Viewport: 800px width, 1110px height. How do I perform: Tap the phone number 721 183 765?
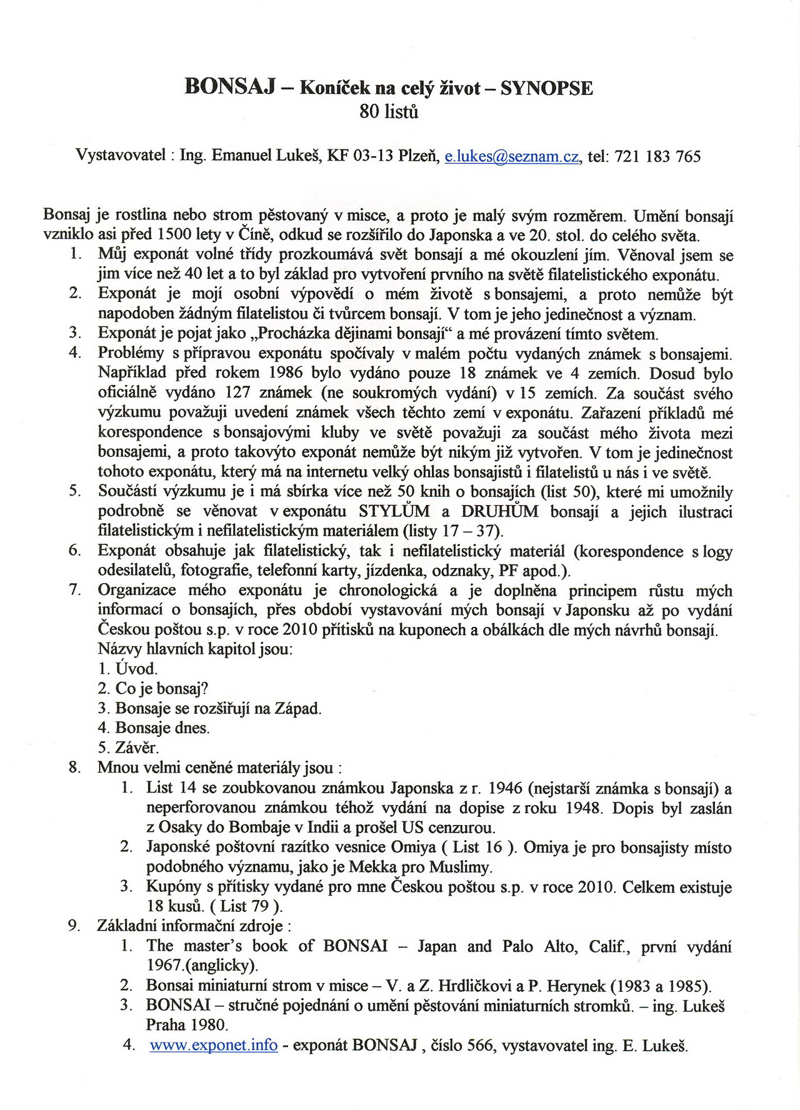[x=657, y=156]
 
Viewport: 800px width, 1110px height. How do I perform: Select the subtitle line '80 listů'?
[x=389, y=112]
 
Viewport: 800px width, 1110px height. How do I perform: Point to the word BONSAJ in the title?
[x=231, y=87]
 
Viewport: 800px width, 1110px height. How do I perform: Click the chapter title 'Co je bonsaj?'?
[x=161, y=688]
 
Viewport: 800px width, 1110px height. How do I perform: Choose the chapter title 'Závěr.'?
[x=137, y=747]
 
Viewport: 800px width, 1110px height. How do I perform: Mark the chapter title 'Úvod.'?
[x=136, y=669]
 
